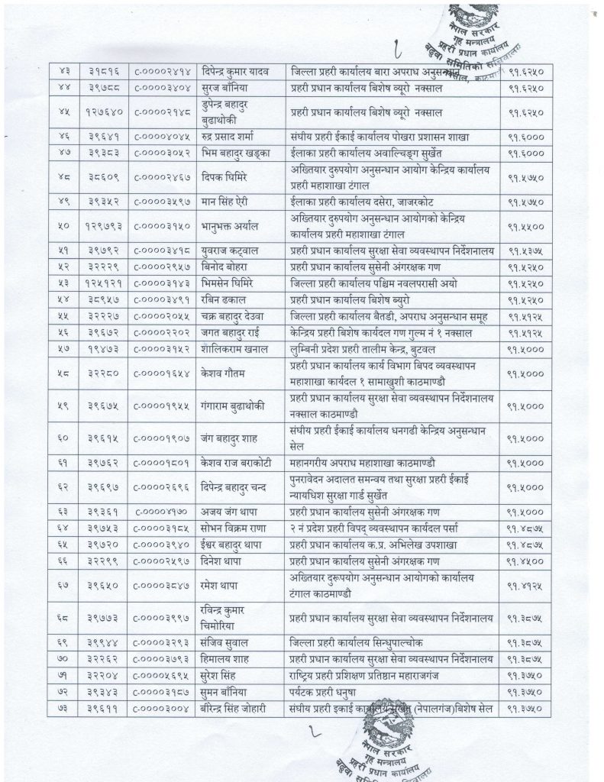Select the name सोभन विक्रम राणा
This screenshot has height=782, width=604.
(235, 526)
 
